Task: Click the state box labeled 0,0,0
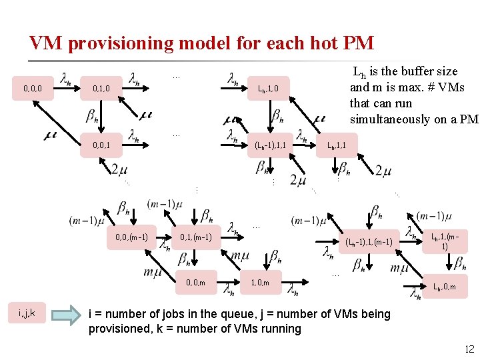point(33,87)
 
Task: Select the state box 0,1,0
point(102,87)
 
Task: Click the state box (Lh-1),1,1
point(271,145)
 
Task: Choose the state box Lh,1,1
point(336,145)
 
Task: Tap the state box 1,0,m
point(260,283)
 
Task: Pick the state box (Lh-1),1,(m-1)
point(369,241)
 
